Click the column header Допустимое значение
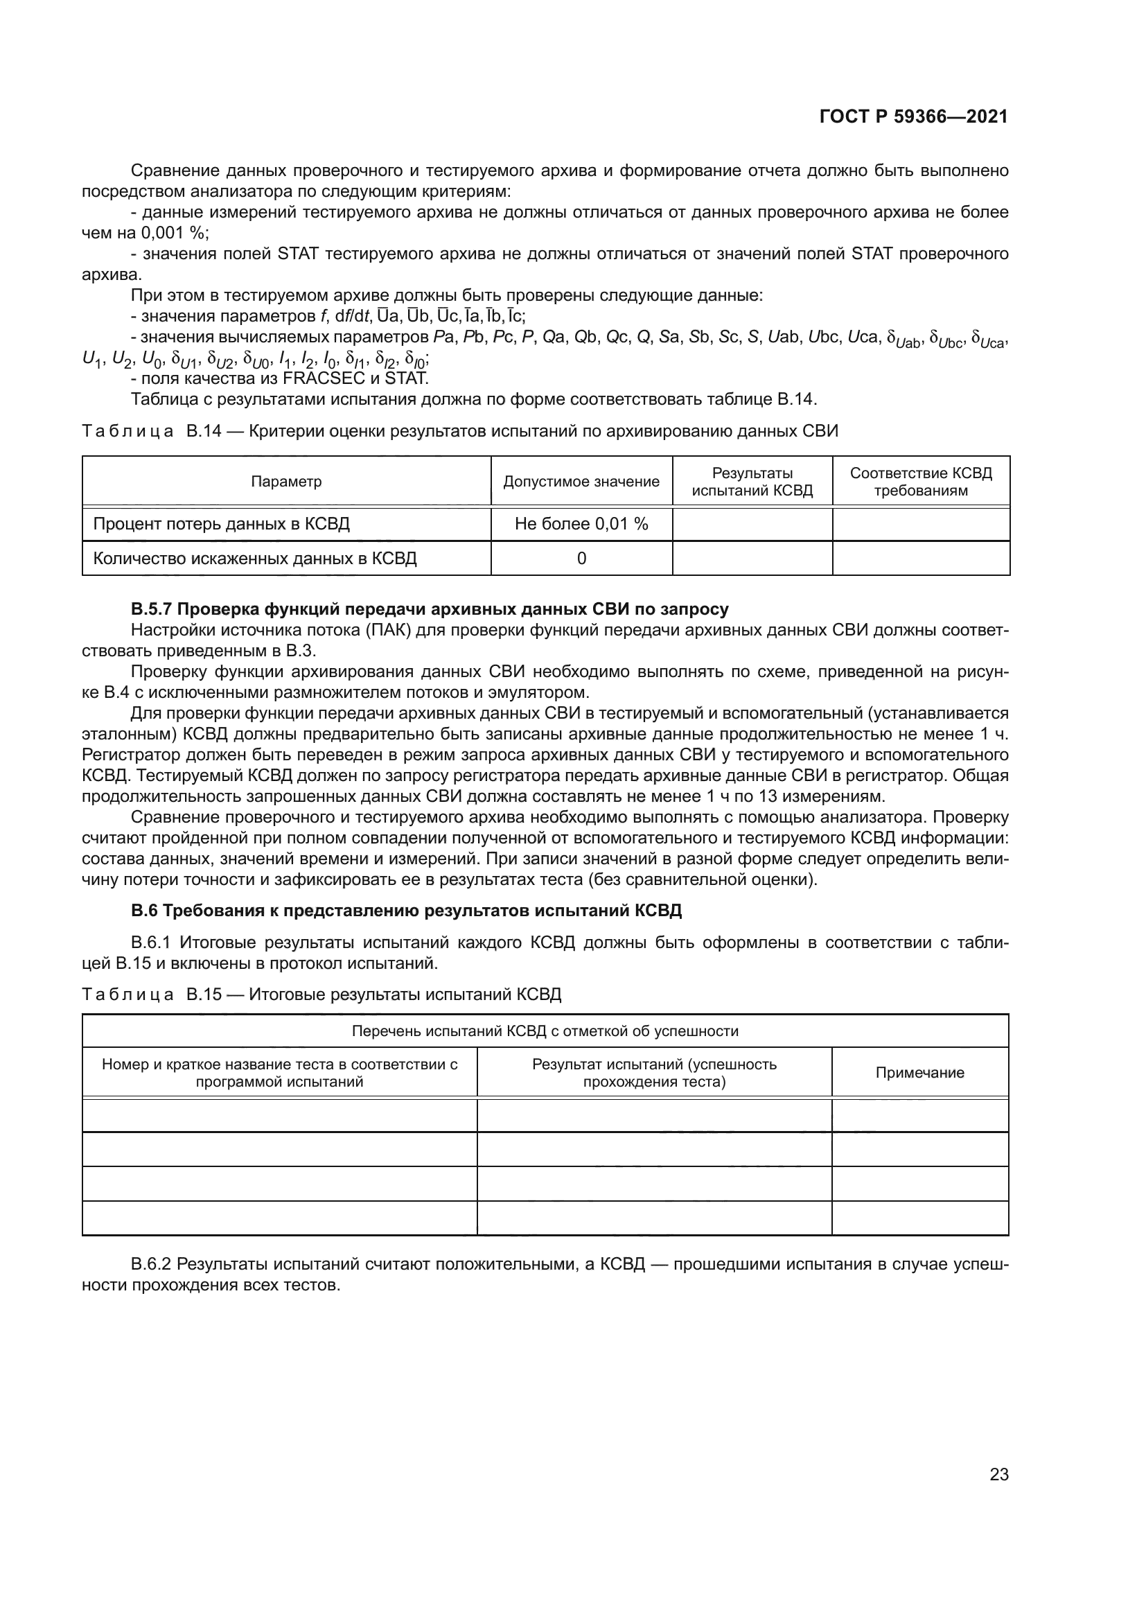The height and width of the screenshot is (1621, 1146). [x=581, y=482]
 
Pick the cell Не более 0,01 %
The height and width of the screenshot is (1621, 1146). [x=581, y=524]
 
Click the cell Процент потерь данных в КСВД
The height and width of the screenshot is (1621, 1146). [x=222, y=524]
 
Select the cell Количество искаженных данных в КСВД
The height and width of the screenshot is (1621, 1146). [x=255, y=559]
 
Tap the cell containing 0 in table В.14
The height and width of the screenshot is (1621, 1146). [x=581, y=559]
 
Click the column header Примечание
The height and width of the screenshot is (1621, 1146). [x=919, y=1072]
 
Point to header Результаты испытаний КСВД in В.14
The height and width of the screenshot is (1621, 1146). [x=752, y=482]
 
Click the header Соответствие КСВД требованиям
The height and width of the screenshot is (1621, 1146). [x=920, y=482]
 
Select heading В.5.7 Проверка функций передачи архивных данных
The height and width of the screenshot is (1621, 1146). [x=429, y=608]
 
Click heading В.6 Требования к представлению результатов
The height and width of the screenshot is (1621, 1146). [x=406, y=910]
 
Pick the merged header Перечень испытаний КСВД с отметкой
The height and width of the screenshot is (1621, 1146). [x=545, y=1031]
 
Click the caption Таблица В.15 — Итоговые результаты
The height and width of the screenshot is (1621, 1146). [x=321, y=994]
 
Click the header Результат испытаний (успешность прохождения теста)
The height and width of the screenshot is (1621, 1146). [x=653, y=1072]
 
